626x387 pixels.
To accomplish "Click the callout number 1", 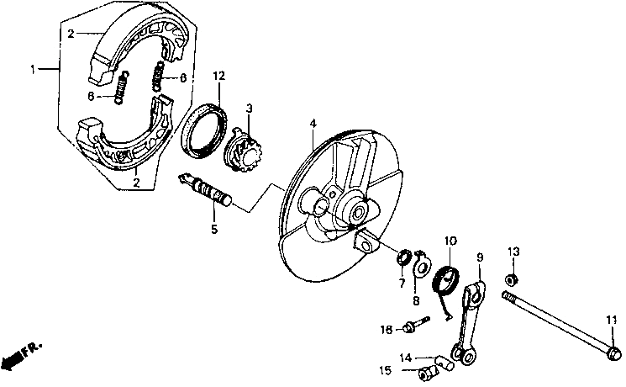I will click(34, 70).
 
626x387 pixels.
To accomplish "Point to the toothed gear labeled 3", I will click(244, 147).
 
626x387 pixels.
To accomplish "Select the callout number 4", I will click(312, 124).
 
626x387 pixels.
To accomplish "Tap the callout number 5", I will click(214, 227).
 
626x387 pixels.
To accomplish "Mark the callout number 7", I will click(402, 284).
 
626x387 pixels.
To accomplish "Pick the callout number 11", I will click(611, 317).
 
